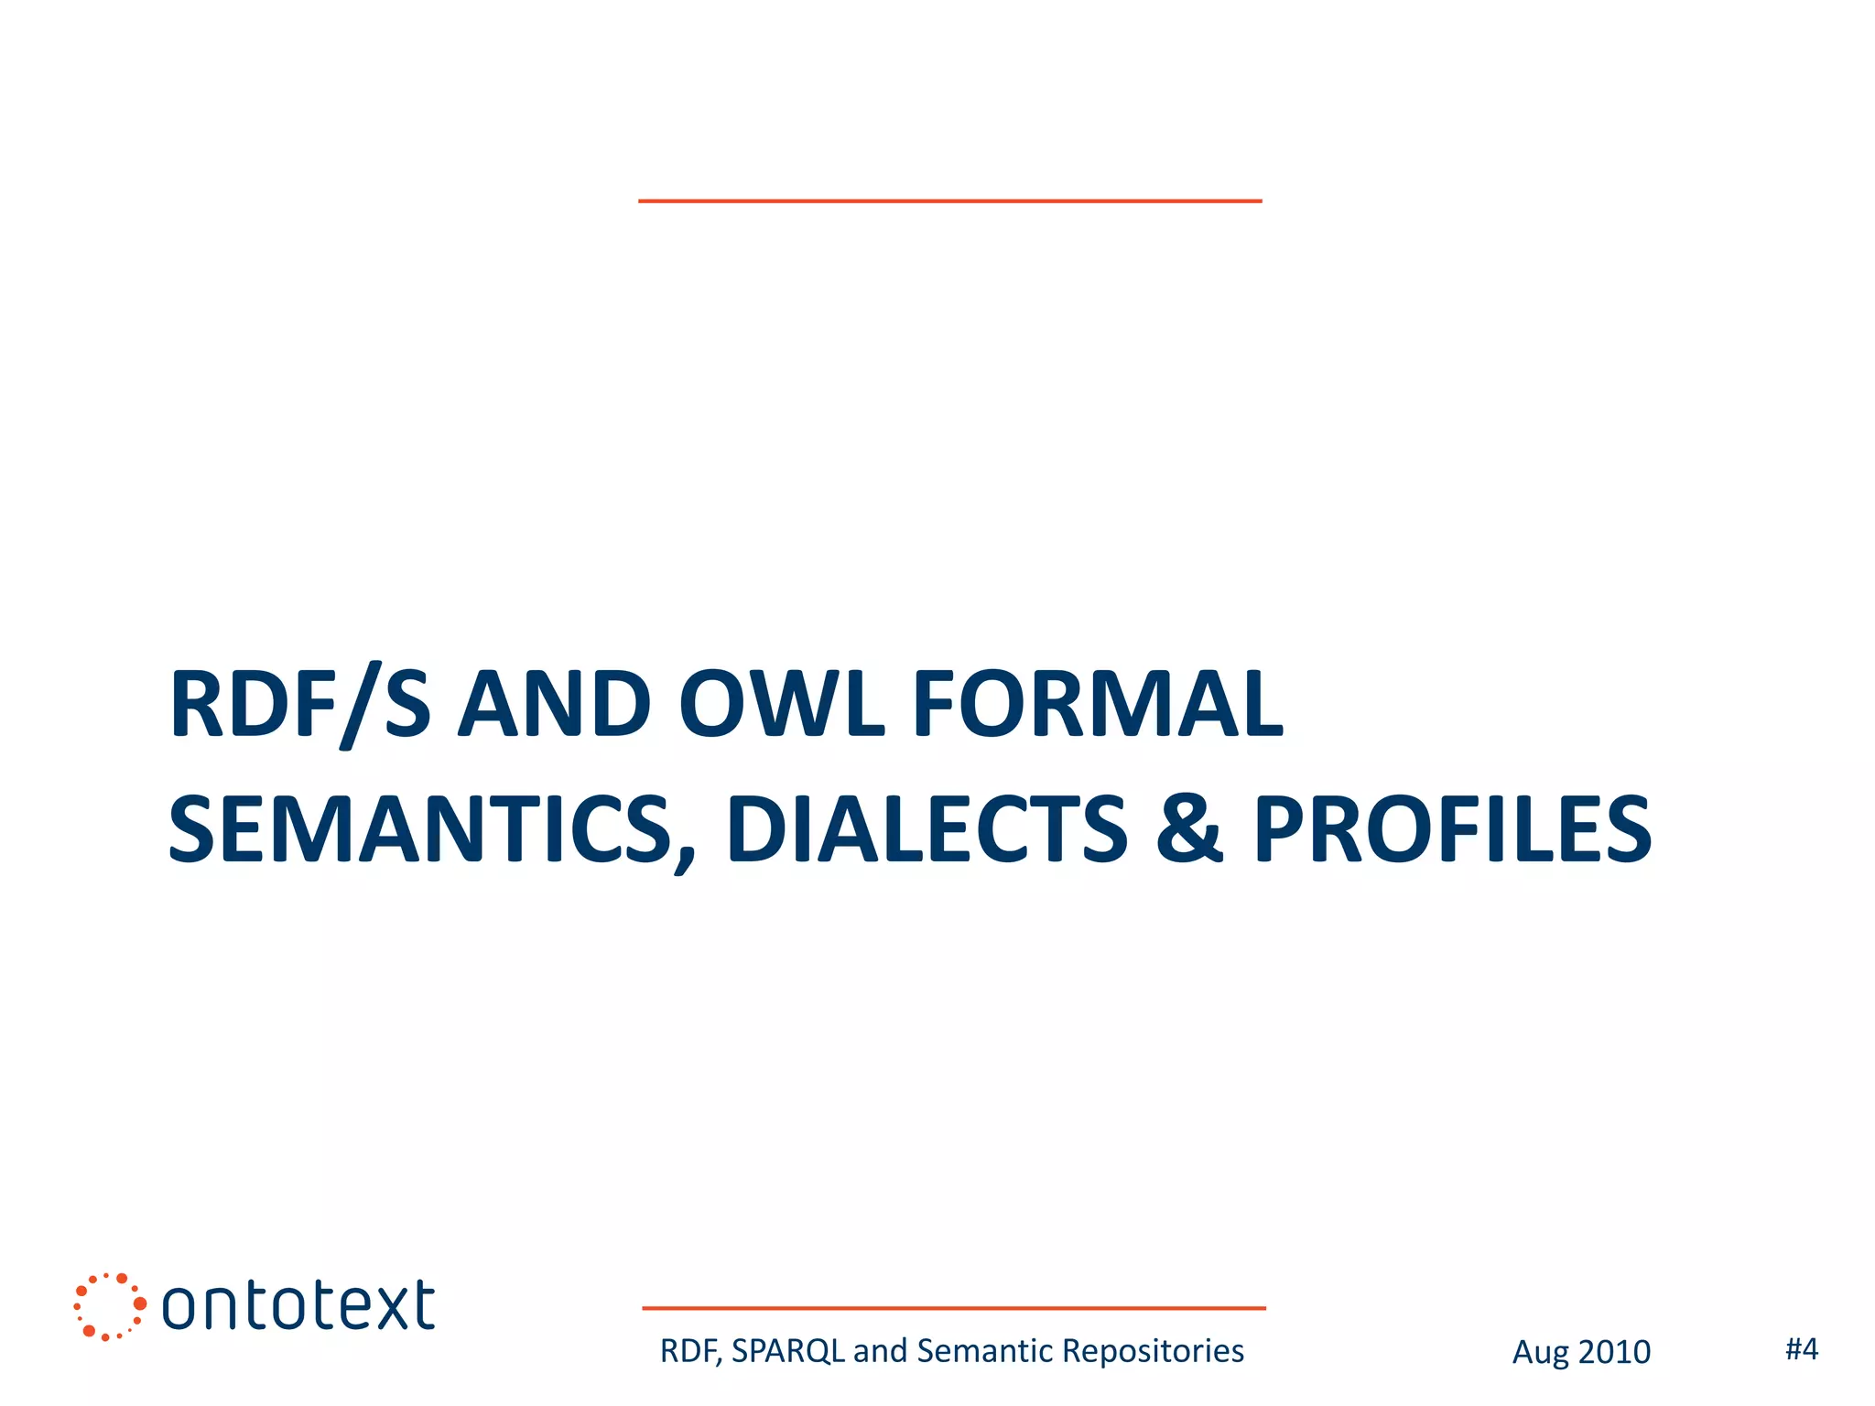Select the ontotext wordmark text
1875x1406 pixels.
click(x=298, y=1306)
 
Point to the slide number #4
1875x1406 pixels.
click(x=1802, y=1349)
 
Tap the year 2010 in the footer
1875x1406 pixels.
click(x=1613, y=1352)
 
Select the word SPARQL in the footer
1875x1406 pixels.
click(x=788, y=1351)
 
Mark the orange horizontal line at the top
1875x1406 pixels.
click(x=949, y=200)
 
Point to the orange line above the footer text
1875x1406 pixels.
click(x=953, y=1308)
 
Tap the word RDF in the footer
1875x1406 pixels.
click(x=688, y=1351)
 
